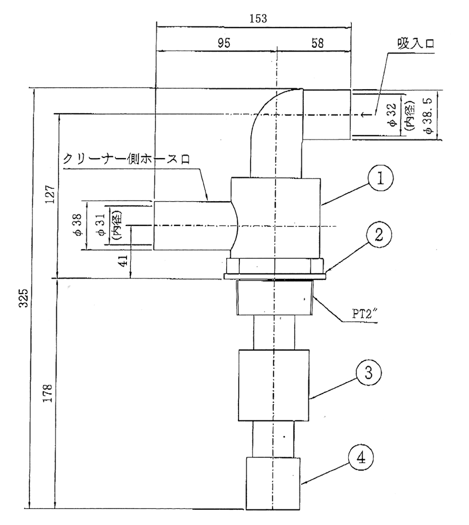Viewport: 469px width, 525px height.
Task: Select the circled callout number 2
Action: coord(378,234)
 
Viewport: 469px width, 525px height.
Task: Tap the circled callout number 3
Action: coord(369,373)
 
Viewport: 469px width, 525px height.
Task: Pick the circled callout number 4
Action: coord(360,458)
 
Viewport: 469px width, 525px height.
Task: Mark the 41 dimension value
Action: coord(124,261)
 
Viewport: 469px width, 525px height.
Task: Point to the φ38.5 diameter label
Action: coord(429,116)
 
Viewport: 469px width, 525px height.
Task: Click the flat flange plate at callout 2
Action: coord(275,276)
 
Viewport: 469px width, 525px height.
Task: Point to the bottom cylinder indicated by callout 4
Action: coord(273,483)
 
